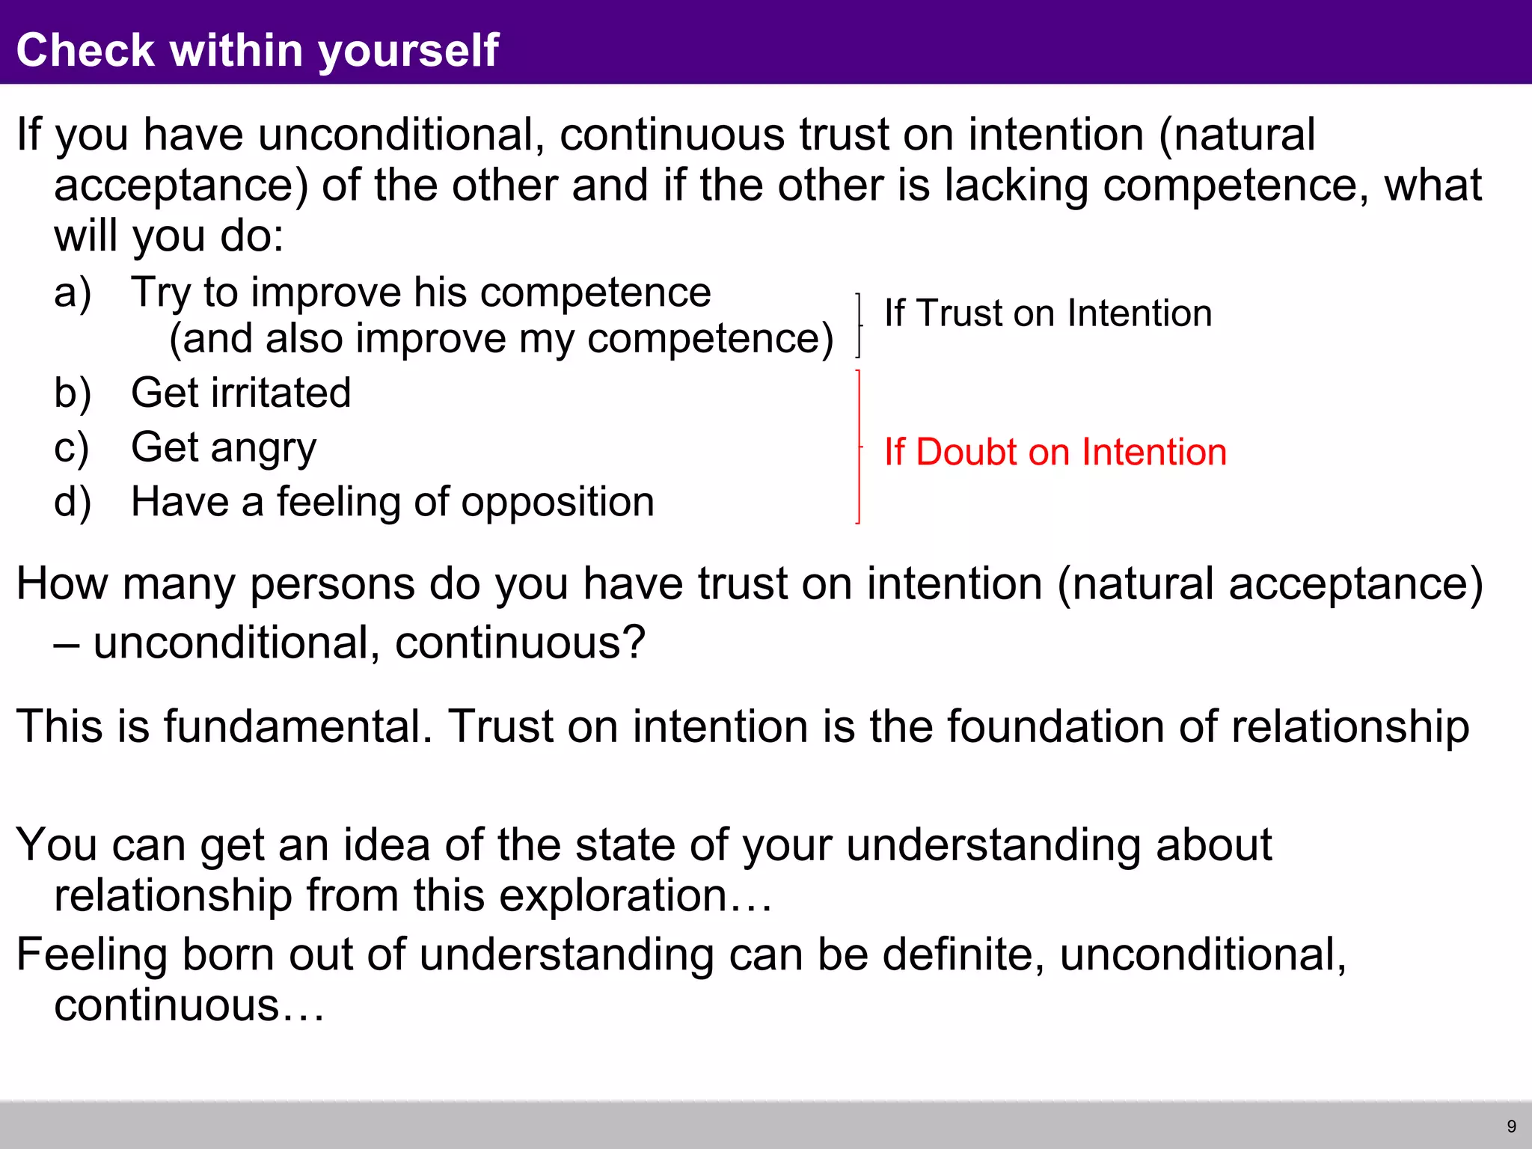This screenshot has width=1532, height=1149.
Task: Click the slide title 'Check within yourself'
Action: coord(257,50)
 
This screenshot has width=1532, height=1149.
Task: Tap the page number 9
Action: coord(1511,1127)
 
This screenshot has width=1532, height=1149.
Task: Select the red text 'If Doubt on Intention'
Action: coord(1055,452)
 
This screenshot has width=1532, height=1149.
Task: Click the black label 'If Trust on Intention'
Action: coord(1047,313)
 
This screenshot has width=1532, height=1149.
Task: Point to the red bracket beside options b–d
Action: coord(859,447)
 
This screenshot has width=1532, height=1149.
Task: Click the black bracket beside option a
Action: coord(859,325)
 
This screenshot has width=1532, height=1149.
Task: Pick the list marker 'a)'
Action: coord(73,292)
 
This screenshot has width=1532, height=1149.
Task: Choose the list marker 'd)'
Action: coord(73,501)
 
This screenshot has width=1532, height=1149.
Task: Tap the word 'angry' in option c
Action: coord(263,448)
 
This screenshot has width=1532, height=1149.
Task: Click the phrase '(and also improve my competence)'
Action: coord(500,339)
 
